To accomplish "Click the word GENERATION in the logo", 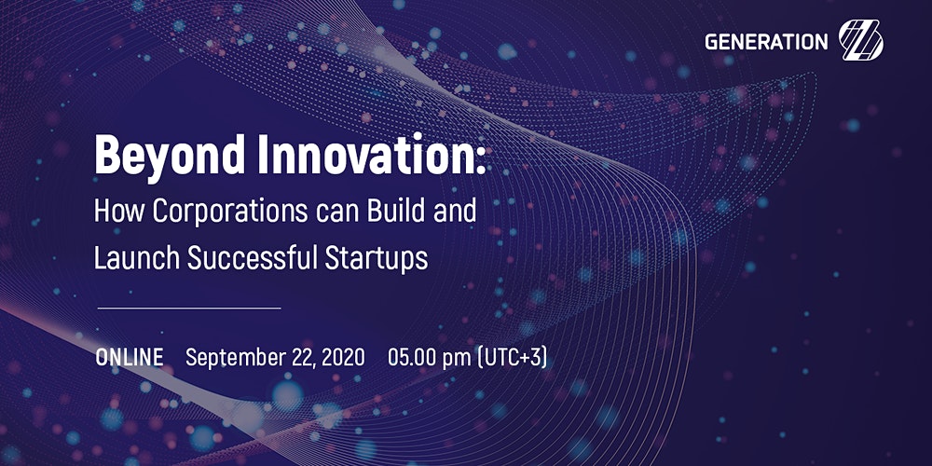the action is coord(766,42).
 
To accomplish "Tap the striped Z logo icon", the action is coord(860,40).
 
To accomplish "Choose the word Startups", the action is coord(377,259).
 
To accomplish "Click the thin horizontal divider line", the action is coord(189,308).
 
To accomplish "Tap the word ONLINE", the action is coord(130,357).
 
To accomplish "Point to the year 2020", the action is coord(344,357).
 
